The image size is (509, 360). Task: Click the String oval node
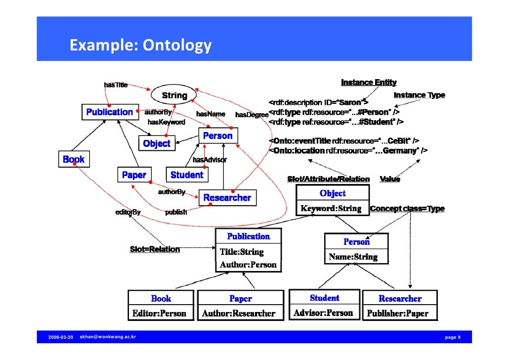coord(174,95)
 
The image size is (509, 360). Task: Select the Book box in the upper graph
coord(74,159)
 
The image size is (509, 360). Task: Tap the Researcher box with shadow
coord(227,197)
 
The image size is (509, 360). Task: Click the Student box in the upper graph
coord(186,175)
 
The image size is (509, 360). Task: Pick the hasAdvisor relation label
coord(210,160)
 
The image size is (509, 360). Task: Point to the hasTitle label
coord(116,85)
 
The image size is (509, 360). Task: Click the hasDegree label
coord(252,115)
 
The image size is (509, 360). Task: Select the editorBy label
coord(128,212)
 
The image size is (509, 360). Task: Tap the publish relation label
coord(176,212)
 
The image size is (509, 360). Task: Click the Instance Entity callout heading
coord(369,82)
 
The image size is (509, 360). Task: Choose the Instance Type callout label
coord(419,95)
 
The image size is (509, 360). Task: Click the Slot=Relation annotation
coord(155,249)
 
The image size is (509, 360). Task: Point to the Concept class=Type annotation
coord(407,209)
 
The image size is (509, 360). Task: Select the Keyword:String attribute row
coord(331,209)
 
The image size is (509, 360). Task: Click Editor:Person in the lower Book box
coord(159,313)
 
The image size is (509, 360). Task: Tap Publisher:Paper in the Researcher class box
coord(397,314)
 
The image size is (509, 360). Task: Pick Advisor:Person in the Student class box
coord(323,313)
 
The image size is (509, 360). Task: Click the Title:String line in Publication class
coord(242,252)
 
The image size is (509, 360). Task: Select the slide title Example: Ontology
coord(140,45)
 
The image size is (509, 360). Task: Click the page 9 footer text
coord(453,337)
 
